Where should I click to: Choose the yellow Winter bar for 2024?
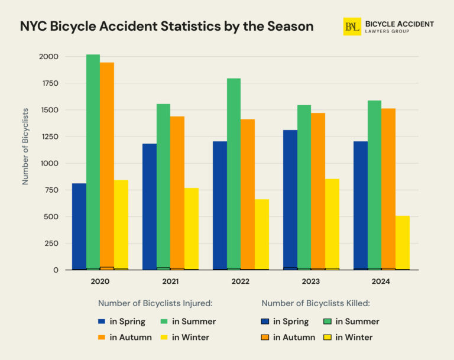pyautogui.click(x=402, y=242)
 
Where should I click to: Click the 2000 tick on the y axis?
pyautogui.click(x=48, y=57)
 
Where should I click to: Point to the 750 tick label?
pyautogui.click(x=51, y=190)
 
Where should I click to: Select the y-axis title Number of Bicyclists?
pyautogui.click(x=25, y=146)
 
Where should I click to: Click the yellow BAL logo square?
pyautogui.click(x=352, y=27)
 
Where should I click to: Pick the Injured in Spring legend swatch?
pyautogui.click(x=102, y=322)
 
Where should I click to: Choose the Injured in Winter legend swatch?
pyautogui.click(x=164, y=338)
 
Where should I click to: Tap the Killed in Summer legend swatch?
pyautogui.click(x=327, y=322)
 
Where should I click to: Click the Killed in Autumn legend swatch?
pyautogui.click(x=265, y=338)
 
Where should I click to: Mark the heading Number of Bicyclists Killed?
pyautogui.click(x=315, y=303)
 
